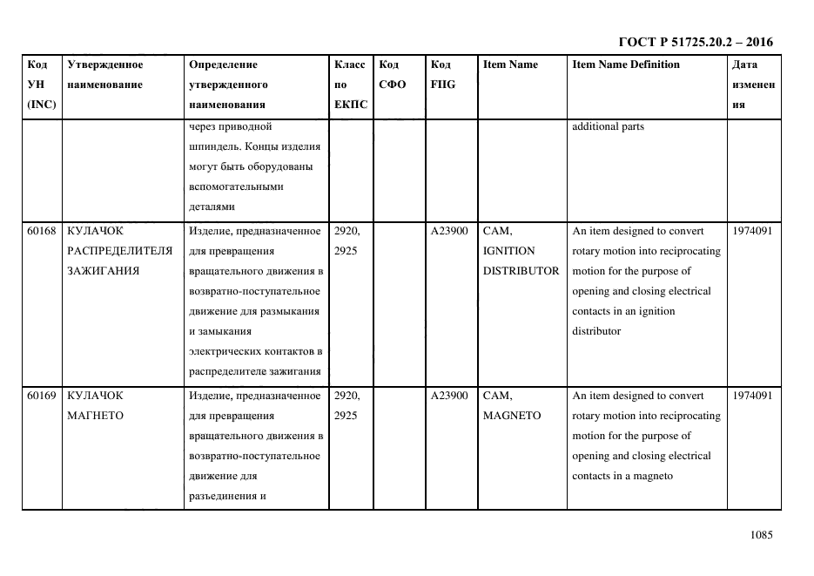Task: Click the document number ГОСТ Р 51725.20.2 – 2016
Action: [x=695, y=42]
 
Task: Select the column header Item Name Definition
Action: [x=626, y=64]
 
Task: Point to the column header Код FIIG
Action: [x=442, y=74]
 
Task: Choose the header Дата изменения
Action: [x=752, y=85]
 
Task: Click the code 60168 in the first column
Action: [x=41, y=231]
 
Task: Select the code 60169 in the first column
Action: [x=41, y=396]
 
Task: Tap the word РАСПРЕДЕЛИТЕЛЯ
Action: [x=119, y=251]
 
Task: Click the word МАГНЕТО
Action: [x=95, y=416]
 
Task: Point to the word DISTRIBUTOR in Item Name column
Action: [x=521, y=271]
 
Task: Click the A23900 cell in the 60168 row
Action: [x=449, y=231]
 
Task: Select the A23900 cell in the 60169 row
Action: [x=449, y=396]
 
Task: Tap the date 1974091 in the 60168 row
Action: [x=752, y=231]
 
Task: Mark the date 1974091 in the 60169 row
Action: [x=752, y=396]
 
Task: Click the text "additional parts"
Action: [x=608, y=126]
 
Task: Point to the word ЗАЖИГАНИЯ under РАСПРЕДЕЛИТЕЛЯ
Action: [x=103, y=271]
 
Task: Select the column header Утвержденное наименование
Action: [x=104, y=74]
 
